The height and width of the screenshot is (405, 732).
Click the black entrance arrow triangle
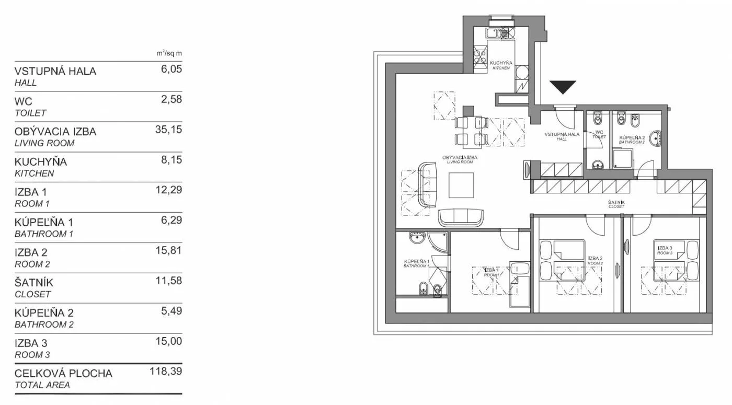tap(563, 87)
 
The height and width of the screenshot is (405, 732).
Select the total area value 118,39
tap(166, 372)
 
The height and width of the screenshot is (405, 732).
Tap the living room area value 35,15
tap(168, 130)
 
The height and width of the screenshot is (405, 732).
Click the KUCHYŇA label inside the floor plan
tap(501, 63)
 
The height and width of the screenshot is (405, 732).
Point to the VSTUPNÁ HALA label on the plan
tap(562, 134)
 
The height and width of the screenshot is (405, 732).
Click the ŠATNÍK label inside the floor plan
tap(616, 203)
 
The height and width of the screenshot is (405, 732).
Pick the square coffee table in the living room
tap(461, 185)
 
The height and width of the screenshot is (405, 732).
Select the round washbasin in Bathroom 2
tap(655, 138)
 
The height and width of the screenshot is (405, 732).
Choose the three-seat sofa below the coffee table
tap(461, 218)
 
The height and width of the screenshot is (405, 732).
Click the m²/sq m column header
tap(169, 53)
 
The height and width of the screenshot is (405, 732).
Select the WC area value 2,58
tap(171, 99)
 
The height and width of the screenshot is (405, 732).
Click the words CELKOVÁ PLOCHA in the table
tap(63, 373)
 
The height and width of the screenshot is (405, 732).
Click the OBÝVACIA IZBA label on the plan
tap(460, 157)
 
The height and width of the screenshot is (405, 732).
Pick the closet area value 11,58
tap(168, 281)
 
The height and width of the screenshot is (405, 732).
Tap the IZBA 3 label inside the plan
tap(665, 248)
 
